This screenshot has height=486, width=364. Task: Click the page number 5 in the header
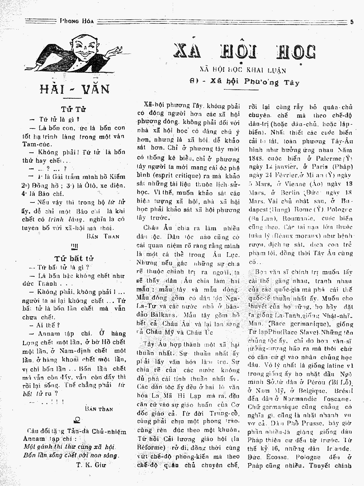pos(352,21)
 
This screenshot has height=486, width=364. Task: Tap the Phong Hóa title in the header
pos(77,21)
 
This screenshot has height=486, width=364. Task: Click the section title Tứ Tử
pos(73,110)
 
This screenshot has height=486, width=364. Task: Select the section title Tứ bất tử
pos(74,258)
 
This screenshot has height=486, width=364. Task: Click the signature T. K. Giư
pos(91,465)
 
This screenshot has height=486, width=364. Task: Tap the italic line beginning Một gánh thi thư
pos(70,447)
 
